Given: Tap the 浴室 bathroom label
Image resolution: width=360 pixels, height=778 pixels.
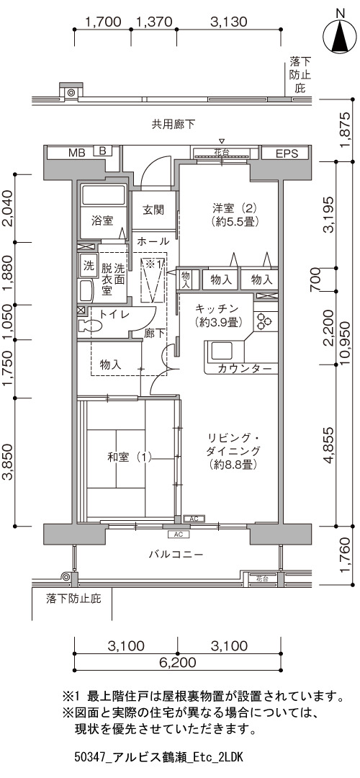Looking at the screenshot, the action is (x=102, y=221).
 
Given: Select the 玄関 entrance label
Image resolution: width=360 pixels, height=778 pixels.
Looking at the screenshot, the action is (x=153, y=210).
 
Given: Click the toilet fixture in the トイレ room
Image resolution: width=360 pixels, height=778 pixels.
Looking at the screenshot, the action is (x=90, y=326).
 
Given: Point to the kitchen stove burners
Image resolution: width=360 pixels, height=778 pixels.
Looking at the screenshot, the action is (x=264, y=321).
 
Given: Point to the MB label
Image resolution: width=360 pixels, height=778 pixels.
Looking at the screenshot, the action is (x=77, y=152).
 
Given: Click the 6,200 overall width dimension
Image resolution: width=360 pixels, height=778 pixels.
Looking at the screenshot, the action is (x=178, y=662).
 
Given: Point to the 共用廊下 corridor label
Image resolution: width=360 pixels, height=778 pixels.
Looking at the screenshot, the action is (x=173, y=124).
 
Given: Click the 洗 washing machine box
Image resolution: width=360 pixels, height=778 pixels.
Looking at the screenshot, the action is (x=89, y=265).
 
